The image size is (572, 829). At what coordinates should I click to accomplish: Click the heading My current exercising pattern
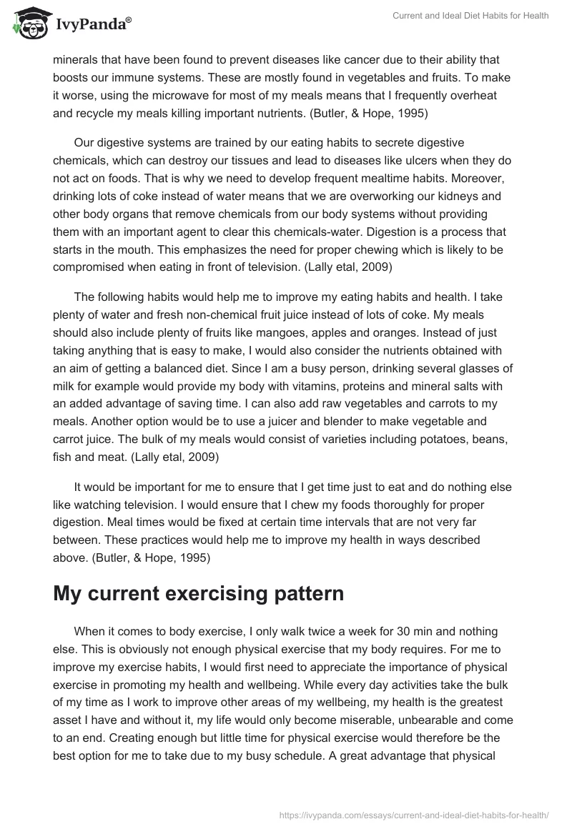point(198,593)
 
